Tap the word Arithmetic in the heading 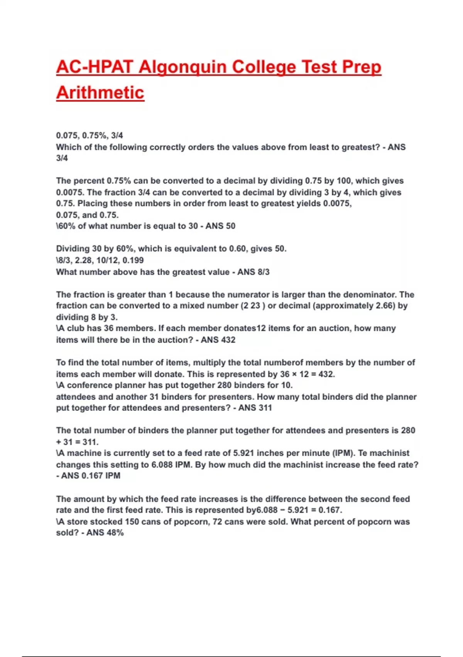pos(100,93)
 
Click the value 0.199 pos(133,260)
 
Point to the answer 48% pos(115,533)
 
